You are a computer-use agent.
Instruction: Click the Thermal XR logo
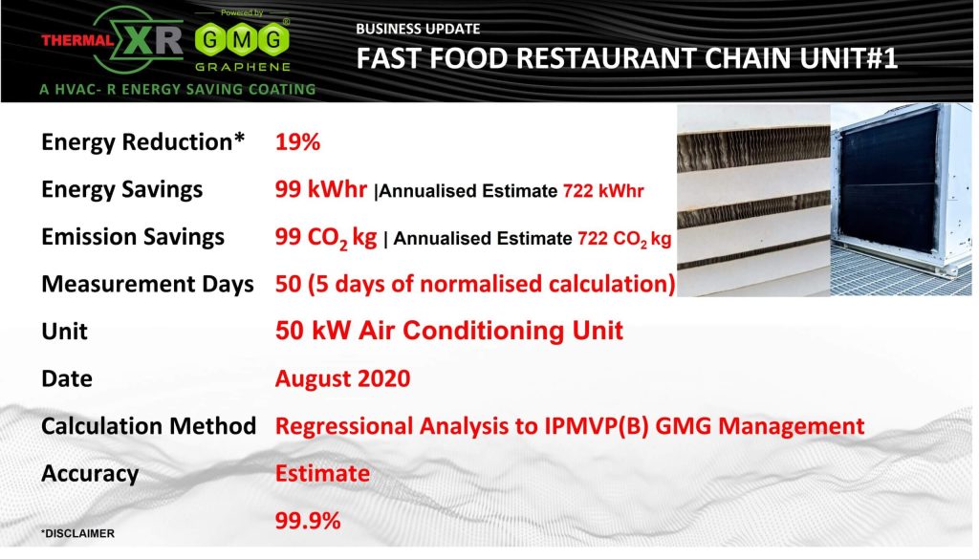113,40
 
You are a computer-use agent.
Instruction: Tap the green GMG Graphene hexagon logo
242,41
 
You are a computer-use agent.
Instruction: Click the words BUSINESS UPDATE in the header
418,29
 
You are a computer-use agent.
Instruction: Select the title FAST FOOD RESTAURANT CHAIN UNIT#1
627,58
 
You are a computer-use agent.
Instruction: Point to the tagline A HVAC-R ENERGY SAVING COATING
178,89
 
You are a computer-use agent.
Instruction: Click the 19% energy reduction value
298,142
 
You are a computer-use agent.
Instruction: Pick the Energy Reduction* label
143,142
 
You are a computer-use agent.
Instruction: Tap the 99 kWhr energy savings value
321,189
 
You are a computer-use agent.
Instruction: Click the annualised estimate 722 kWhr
603,191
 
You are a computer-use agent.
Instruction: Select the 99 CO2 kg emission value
326,238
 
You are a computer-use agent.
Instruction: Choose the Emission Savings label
133,237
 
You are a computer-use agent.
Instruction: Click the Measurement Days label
147,284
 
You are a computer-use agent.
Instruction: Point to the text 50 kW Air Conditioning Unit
449,331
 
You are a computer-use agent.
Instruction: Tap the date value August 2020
343,378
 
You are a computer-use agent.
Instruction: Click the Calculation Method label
148,426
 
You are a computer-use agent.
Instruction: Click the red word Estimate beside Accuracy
322,474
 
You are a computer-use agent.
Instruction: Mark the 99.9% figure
308,521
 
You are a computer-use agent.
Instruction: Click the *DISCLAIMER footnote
77,534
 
